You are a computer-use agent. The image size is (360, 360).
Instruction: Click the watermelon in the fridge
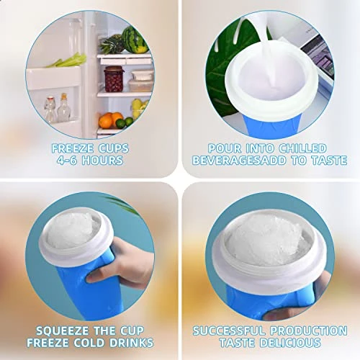coord(134,40)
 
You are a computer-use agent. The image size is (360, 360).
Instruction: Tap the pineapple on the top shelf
coord(112,44)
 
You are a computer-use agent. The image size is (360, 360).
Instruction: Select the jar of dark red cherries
coord(114,79)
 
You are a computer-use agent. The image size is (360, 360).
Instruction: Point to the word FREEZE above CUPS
coord(70,148)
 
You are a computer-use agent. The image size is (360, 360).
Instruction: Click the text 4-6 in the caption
coord(66,160)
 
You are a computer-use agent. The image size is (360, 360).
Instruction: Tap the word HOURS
coord(102,160)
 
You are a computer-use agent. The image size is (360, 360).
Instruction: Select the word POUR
coord(225,148)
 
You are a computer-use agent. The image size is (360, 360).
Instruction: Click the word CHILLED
coord(302,148)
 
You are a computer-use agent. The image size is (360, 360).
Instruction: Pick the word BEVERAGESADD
coord(239,161)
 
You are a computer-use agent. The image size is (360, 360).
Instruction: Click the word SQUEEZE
coord(63,330)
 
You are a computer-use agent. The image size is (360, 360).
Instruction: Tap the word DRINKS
coord(130,343)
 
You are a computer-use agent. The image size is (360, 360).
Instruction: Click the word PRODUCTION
coord(309,330)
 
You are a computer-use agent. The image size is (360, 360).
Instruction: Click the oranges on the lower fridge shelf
coord(111,120)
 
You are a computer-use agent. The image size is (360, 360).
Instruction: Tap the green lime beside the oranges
coord(121,123)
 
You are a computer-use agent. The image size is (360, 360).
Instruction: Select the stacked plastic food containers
coord(141,81)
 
